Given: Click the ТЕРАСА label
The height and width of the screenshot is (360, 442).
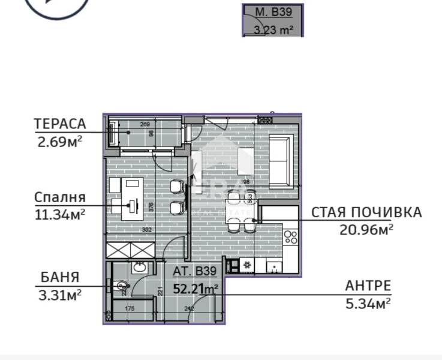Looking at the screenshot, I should [x=60, y=124].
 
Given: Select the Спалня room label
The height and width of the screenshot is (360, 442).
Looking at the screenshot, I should [x=60, y=197].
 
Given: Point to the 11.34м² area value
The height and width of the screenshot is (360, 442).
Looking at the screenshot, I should [x=59, y=213].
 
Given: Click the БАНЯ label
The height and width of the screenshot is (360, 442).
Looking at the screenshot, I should [x=60, y=277].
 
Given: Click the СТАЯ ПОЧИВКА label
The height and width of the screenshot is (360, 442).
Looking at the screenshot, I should [x=366, y=212].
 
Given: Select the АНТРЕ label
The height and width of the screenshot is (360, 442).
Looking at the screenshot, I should [x=368, y=286].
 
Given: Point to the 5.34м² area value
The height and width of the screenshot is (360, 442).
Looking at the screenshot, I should [x=368, y=303].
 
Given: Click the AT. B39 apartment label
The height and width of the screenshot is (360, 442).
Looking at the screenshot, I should [x=194, y=271].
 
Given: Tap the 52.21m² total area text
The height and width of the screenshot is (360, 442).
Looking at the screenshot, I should [x=195, y=289].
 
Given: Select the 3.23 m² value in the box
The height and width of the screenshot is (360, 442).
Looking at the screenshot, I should [x=273, y=29].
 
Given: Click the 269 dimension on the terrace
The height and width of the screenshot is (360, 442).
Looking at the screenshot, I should [x=145, y=125].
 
